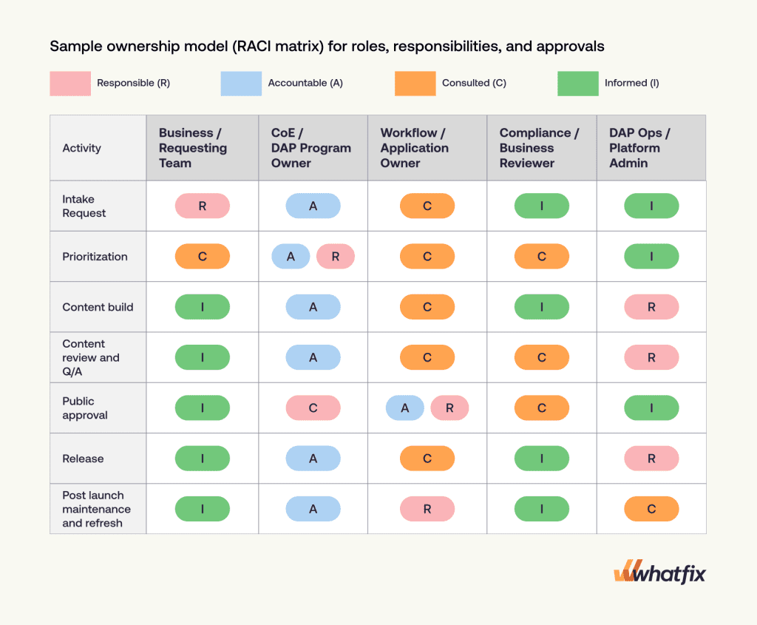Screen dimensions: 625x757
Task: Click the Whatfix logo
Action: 659,572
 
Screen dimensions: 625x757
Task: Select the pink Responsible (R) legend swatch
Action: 70,84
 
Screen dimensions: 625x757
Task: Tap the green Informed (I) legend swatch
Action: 577,84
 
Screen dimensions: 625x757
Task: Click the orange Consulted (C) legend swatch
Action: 415,84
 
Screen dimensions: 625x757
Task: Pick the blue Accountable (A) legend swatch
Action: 241,84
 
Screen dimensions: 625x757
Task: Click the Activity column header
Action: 81,148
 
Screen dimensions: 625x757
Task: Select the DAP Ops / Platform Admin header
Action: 639,148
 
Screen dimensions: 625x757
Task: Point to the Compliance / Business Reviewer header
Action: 539,148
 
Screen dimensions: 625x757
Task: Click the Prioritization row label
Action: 95,257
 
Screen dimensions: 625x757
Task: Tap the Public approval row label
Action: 84,408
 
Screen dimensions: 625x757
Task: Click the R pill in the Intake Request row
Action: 203,206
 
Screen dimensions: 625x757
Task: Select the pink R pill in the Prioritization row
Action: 336,257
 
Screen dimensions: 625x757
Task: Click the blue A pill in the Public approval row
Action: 405,408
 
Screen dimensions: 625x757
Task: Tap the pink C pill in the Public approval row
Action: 313,408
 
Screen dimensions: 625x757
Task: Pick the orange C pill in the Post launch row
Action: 651,509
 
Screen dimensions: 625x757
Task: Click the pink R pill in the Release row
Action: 651,459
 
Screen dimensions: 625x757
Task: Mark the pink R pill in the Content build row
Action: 651,307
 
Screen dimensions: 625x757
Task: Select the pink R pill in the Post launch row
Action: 427,509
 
